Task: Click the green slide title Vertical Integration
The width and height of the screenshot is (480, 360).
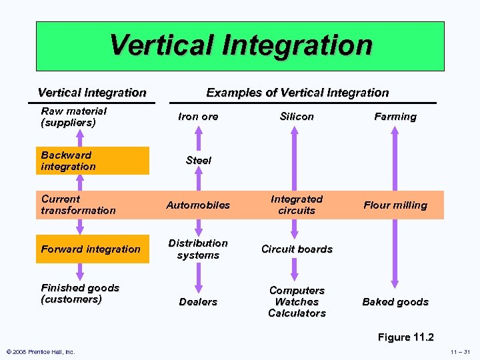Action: point(240,45)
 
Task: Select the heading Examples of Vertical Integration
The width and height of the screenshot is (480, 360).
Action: point(297,93)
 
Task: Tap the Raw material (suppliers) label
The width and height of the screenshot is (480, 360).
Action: point(73,117)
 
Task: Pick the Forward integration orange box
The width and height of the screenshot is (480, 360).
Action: point(91,249)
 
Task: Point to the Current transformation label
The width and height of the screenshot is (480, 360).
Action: point(78,205)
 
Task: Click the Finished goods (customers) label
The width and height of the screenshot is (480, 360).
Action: point(80,293)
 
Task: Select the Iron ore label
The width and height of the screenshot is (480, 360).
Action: point(198,117)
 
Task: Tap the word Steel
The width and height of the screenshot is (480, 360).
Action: point(198,161)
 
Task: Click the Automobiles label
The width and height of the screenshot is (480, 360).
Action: point(198,205)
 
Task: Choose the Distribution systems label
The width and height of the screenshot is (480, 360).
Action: point(198,249)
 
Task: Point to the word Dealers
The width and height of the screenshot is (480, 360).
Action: point(198,302)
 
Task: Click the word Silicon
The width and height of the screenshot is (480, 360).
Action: point(297,117)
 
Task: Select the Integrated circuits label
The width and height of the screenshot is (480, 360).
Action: point(297,205)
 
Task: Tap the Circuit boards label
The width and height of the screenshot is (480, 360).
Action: point(297,249)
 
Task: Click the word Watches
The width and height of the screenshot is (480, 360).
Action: point(297,302)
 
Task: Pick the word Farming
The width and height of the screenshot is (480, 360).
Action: point(395,117)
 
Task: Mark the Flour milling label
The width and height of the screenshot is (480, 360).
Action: point(395,205)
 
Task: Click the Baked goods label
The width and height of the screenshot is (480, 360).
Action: point(395,302)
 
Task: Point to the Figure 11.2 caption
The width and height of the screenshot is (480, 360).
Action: point(405,337)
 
